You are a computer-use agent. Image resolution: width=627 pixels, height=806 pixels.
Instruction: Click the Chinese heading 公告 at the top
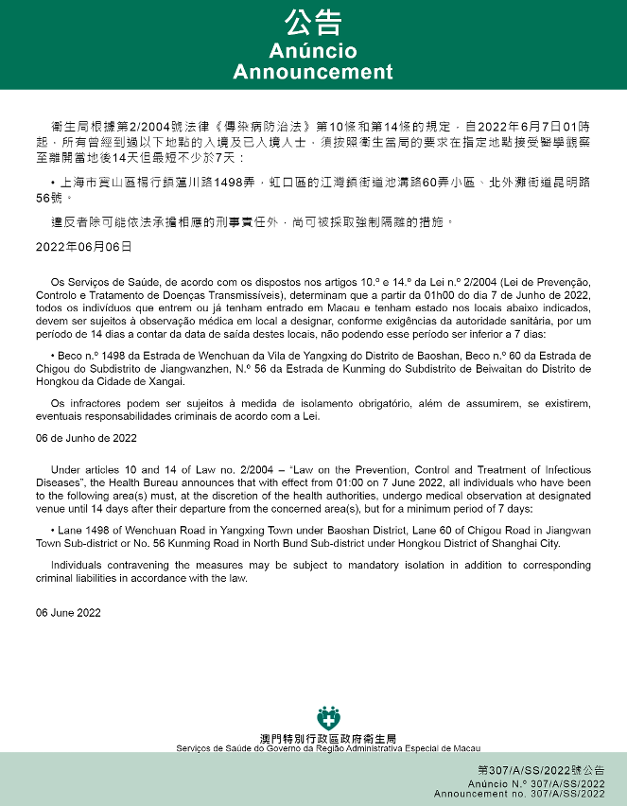pyautogui.click(x=313, y=23)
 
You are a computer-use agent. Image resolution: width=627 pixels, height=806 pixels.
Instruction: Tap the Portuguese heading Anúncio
pyautogui.click(x=313, y=50)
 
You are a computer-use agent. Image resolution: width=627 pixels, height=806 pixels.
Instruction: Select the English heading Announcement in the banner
pyautogui.click(x=313, y=72)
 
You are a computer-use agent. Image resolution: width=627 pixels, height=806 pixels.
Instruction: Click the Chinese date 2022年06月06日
pyautogui.click(x=84, y=247)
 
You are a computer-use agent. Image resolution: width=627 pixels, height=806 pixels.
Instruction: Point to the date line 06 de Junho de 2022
pyautogui.click(x=86, y=438)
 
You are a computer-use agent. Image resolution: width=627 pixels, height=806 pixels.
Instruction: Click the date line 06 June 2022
pyautogui.click(x=68, y=612)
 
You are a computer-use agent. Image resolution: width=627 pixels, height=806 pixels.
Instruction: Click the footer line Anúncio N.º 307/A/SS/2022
pyautogui.click(x=536, y=784)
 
